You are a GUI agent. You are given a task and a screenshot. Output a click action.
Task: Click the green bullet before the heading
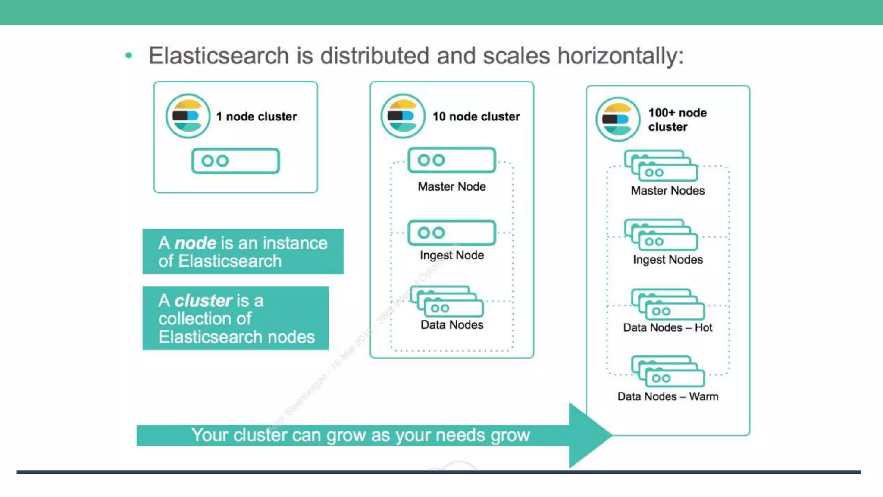pos(128,55)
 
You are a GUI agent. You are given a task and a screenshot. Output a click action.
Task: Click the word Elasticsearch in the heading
pos(219,56)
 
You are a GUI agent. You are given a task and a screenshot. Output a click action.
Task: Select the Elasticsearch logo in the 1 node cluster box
pos(188,116)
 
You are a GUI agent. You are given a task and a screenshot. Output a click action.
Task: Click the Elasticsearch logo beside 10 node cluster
pos(403,116)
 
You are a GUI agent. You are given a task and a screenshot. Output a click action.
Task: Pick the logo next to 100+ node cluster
pos(617,120)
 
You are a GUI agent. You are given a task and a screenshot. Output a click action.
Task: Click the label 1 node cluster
pos(257,116)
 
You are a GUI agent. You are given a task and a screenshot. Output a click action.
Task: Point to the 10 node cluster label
pos(476,116)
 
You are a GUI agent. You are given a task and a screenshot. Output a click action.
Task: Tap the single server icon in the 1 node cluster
pos(235,161)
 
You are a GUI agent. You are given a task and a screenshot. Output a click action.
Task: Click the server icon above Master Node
pos(451,160)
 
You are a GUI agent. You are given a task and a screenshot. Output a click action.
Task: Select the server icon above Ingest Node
pos(451,233)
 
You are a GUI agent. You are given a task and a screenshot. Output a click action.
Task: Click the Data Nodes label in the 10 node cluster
pos(452,325)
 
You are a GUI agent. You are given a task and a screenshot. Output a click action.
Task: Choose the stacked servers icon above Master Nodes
pos(661,166)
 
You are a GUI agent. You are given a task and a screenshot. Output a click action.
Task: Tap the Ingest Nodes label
pos(668,260)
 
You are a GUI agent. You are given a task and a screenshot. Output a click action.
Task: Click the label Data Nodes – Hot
pos(668,328)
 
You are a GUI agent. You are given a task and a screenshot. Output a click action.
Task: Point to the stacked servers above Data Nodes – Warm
pos(667,371)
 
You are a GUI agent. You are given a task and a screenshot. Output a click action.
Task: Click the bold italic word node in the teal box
pos(195,243)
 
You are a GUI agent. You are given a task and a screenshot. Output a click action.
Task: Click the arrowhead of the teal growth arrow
pos(589,435)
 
